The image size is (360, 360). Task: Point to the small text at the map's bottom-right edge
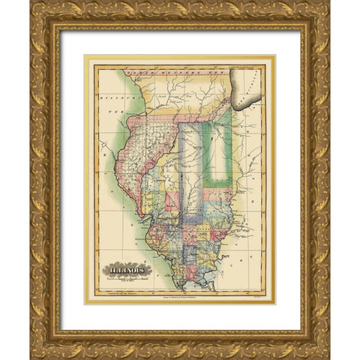tap(259, 295)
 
